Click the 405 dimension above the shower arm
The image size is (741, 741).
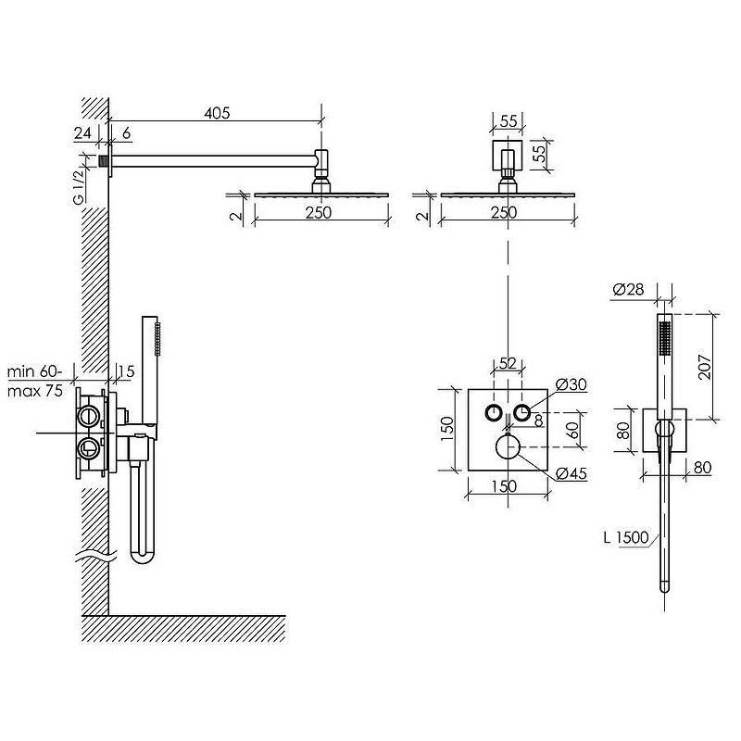coord(217,113)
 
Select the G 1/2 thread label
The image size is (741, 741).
coord(79,186)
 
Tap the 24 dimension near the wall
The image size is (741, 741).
coord(82,133)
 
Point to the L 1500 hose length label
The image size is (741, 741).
coord(626,537)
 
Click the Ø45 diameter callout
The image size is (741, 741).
coord(571,473)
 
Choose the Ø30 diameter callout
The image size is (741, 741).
coord(571,384)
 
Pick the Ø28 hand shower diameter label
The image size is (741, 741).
coord(628,289)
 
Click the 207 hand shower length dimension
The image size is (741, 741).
coord(705,367)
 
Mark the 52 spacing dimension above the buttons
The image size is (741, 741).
coord(507,363)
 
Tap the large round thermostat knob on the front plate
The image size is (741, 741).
coord(508,447)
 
